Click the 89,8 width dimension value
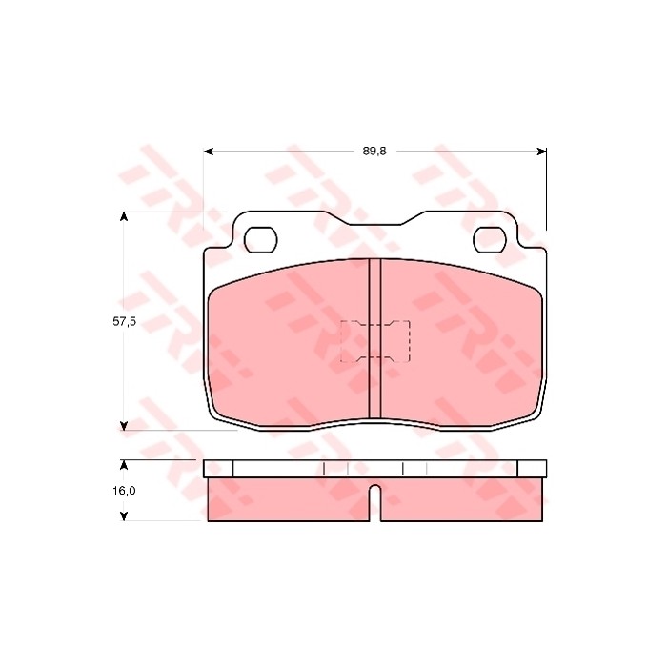pos(374,151)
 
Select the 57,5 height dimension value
pos(124,322)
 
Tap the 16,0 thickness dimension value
pos(124,491)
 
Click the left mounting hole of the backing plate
pos(261,240)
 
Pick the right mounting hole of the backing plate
pos(490,240)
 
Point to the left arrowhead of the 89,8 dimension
pos(209,152)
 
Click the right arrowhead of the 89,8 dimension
pos(541,152)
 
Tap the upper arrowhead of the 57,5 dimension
pos(124,216)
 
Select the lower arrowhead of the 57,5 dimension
pos(124,425)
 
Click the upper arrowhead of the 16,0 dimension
pos(124,465)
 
